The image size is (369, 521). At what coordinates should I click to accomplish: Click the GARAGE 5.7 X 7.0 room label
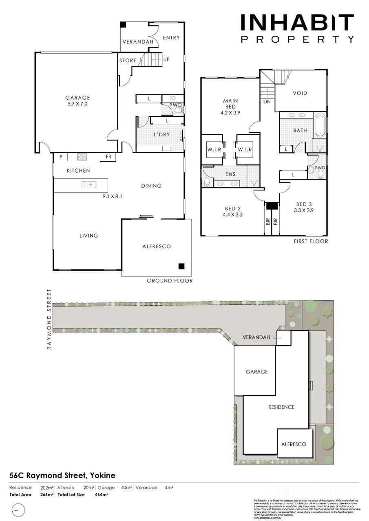point(77,101)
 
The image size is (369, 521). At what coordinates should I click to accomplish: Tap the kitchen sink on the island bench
point(88,184)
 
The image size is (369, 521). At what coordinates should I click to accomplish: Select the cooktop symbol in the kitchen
point(82,156)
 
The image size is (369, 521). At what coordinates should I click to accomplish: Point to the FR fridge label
point(108,157)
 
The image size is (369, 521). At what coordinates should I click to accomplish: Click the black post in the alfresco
point(181,266)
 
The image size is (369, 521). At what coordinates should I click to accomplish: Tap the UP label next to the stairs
point(166,59)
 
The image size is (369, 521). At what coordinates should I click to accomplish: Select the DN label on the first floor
point(267,101)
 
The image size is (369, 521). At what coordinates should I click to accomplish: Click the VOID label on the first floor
point(300,93)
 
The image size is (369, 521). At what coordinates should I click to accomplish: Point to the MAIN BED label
point(230,104)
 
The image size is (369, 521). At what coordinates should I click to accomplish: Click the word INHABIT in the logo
point(297,23)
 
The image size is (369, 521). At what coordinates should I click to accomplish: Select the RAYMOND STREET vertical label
point(49,319)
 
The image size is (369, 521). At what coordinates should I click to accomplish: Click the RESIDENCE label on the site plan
point(281,407)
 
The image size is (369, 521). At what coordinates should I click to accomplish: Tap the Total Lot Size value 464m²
point(101,495)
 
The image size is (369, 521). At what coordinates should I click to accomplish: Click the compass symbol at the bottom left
point(18,509)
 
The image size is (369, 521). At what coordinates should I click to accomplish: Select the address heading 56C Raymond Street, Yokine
point(62,475)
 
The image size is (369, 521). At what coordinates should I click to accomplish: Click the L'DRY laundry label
point(162,135)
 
